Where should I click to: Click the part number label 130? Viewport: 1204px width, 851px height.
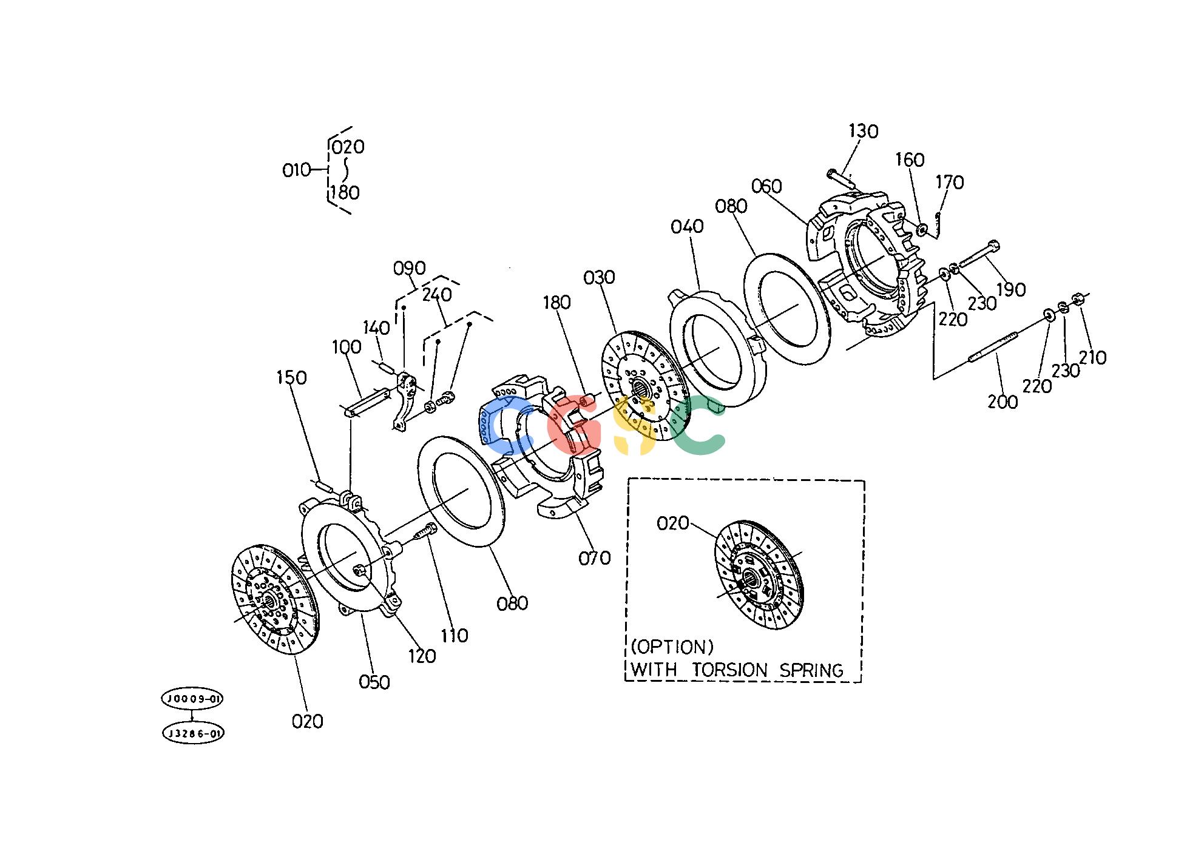click(x=863, y=131)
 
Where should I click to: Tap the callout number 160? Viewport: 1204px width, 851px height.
click(x=910, y=160)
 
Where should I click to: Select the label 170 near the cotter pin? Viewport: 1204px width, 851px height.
click(x=950, y=182)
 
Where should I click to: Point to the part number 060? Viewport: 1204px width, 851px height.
click(x=766, y=186)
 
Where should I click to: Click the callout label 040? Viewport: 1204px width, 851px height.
click(x=688, y=226)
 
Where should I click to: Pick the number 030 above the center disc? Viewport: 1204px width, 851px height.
click(x=599, y=277)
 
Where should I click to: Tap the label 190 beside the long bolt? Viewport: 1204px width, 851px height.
click(x=1011, y=289)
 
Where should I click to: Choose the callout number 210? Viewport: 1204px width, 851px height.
click(x=1092, y=358)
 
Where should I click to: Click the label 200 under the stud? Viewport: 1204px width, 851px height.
click(x=1003, y=402)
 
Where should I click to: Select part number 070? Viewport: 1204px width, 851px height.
click(x=594, y=558)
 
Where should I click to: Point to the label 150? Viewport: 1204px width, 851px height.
click(x=291, y=377)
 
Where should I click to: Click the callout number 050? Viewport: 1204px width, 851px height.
click(x=374, y=682)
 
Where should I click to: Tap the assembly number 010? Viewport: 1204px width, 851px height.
click(x=296, y=170)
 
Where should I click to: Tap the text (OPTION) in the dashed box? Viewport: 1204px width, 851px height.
click(x=672, y=647)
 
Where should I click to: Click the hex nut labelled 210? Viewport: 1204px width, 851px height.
click(x=1078, y=299)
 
